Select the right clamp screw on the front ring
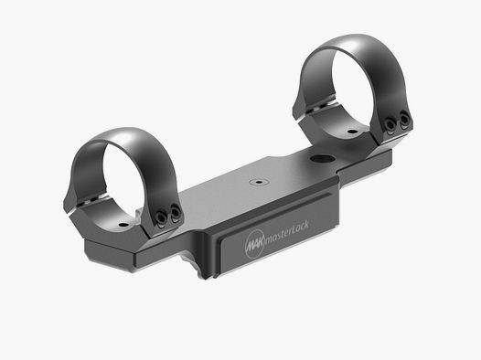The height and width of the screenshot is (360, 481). click(171, 217)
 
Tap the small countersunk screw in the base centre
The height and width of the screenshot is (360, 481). click(261, 181)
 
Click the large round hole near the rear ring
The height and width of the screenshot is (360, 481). click(316, 161)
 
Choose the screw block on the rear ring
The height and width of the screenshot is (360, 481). click(394, 123)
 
